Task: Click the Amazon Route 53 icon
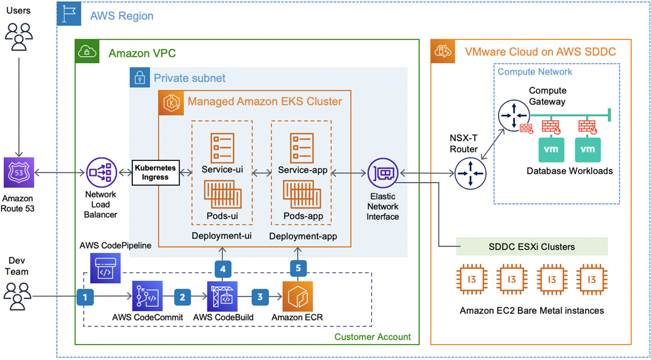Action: tap(19, 173)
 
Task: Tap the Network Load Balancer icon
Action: tap(100, 173)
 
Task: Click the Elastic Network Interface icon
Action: tap(383, 173)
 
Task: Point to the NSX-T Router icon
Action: tap(470, 173)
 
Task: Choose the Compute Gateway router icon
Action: tap(513, 116)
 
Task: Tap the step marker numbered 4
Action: tap(222, 269)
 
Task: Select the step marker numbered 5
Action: tap(298, 268)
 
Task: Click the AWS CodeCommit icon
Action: tap(148, 296)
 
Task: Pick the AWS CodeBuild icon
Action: tap(222, 296)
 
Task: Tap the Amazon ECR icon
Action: tap(298, 296)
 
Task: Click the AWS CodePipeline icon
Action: tap(105, 268)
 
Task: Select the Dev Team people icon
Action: tap(19, 297)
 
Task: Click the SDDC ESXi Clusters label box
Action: tap(531, 246)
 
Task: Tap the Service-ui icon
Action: tap(223, 148)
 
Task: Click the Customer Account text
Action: tap(372, 337)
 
